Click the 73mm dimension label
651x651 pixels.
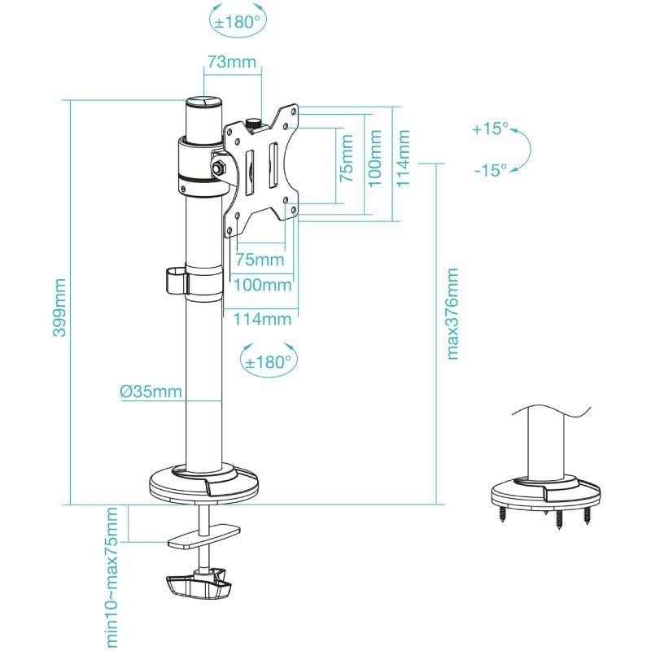pyautogui.click(x=232, y=62)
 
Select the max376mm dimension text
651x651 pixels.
pyautogui.click(x=453, y=313)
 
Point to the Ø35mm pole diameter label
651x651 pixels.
pyautogui.click(x=151, y=391)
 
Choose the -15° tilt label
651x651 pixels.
pyautogui.click(x=490, y=169)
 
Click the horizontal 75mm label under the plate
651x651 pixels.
pyautogui.click(x=260, y=260)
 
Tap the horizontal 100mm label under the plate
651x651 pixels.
pyautogui.click(x=263, y=285)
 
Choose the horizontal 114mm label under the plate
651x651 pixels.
pyautogui.click(x=263, y=319)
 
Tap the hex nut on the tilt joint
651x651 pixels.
pyautogui.click(x=219, y=166)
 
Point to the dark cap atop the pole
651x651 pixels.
pyautogui.click(x=204, y=104)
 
